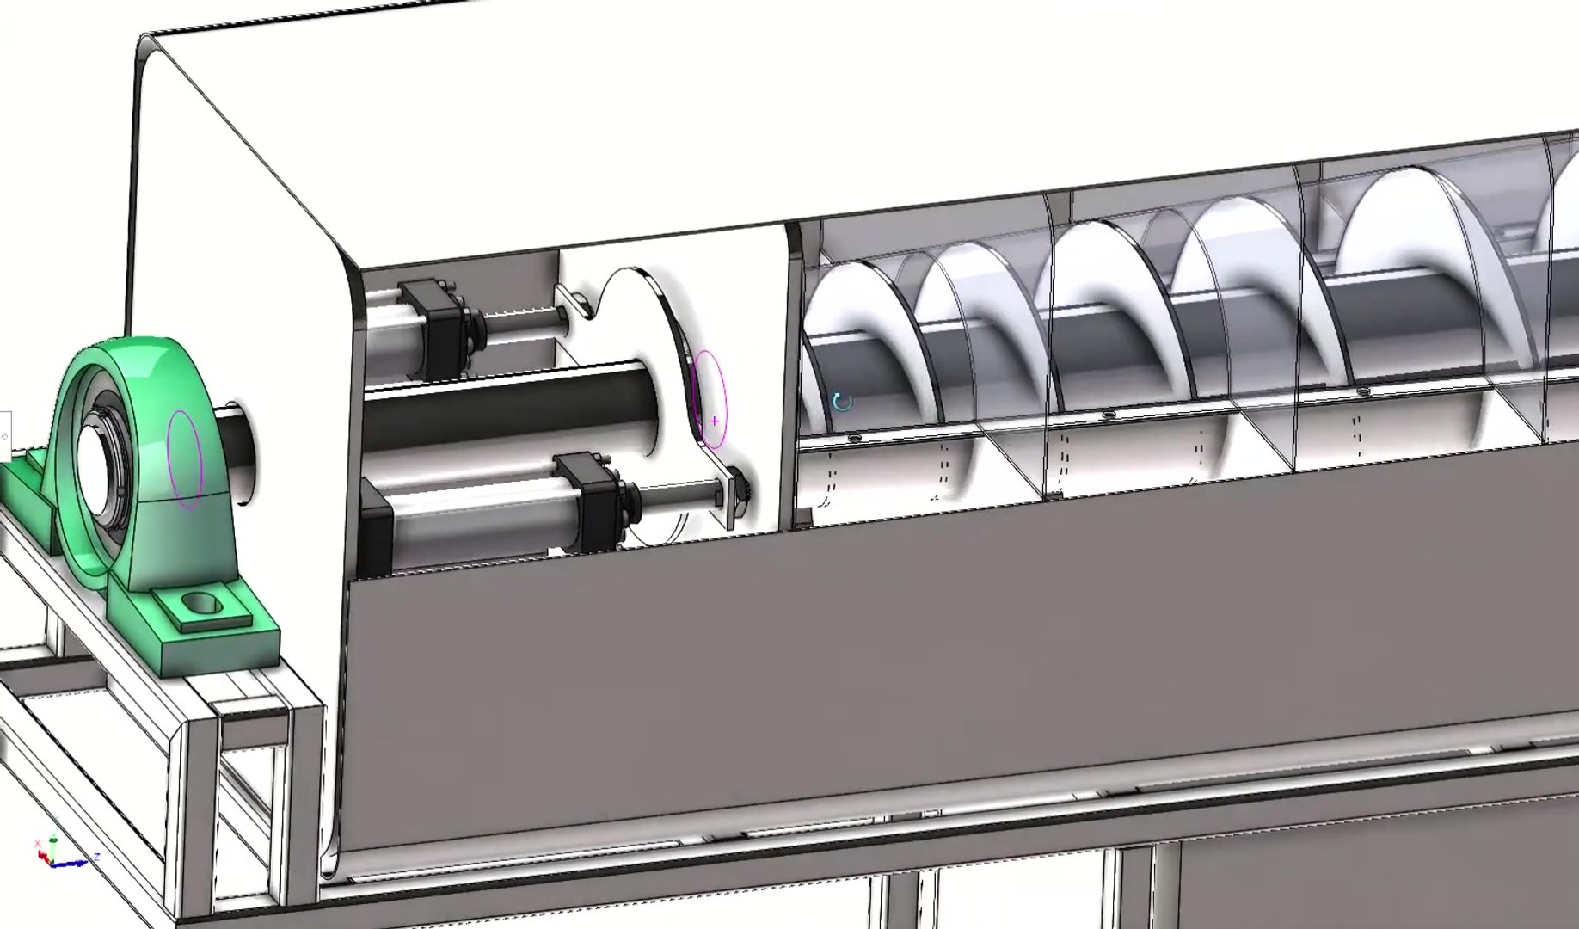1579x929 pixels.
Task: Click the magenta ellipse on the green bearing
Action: (184, 458)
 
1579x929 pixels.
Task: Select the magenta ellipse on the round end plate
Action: (710, 397)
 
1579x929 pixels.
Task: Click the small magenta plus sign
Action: (715, 421)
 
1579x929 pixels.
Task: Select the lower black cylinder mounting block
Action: (593, 503)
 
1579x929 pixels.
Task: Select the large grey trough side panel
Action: (946, 654)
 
